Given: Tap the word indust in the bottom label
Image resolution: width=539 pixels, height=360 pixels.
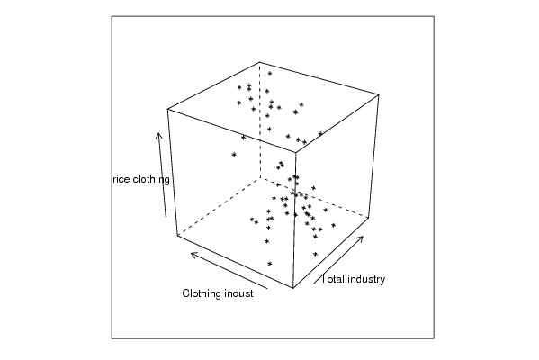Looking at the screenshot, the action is (238, 293).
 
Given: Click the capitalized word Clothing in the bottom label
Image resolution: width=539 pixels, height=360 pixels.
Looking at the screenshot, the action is (202, 293).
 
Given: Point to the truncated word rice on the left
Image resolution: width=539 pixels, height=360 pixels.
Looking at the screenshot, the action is (121, 179).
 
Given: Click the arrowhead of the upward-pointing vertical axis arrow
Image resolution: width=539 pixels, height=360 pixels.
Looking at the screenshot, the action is (158, 136).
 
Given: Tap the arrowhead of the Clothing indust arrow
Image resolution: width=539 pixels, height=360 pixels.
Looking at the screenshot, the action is (194, 255).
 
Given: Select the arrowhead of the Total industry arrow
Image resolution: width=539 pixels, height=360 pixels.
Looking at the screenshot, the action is (360, 238).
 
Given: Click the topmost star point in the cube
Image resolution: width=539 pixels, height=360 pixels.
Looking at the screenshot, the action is (270, 73).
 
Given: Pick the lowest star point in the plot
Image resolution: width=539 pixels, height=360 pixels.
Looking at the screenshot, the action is (270, 264).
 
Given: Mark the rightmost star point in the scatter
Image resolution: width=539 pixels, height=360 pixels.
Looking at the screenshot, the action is (333, 225).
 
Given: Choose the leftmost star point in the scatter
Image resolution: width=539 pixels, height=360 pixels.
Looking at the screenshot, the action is (234, 155).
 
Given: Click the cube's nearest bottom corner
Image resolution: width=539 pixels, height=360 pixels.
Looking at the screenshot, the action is (293, 288).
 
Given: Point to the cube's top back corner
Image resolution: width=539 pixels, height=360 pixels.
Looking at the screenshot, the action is (260, 62).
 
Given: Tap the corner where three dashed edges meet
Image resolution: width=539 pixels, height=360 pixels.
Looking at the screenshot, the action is (260, 178).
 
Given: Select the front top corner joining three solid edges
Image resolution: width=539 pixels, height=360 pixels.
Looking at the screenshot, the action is (296, 152).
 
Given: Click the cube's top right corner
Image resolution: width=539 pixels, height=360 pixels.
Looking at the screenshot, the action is (379, 94).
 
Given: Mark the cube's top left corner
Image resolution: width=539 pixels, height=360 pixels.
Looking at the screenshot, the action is (167, 109).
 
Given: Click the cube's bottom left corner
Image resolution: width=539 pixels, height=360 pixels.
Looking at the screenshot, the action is (177, 236).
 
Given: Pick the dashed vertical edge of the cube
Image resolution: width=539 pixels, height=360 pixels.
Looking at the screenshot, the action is (260, 121).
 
